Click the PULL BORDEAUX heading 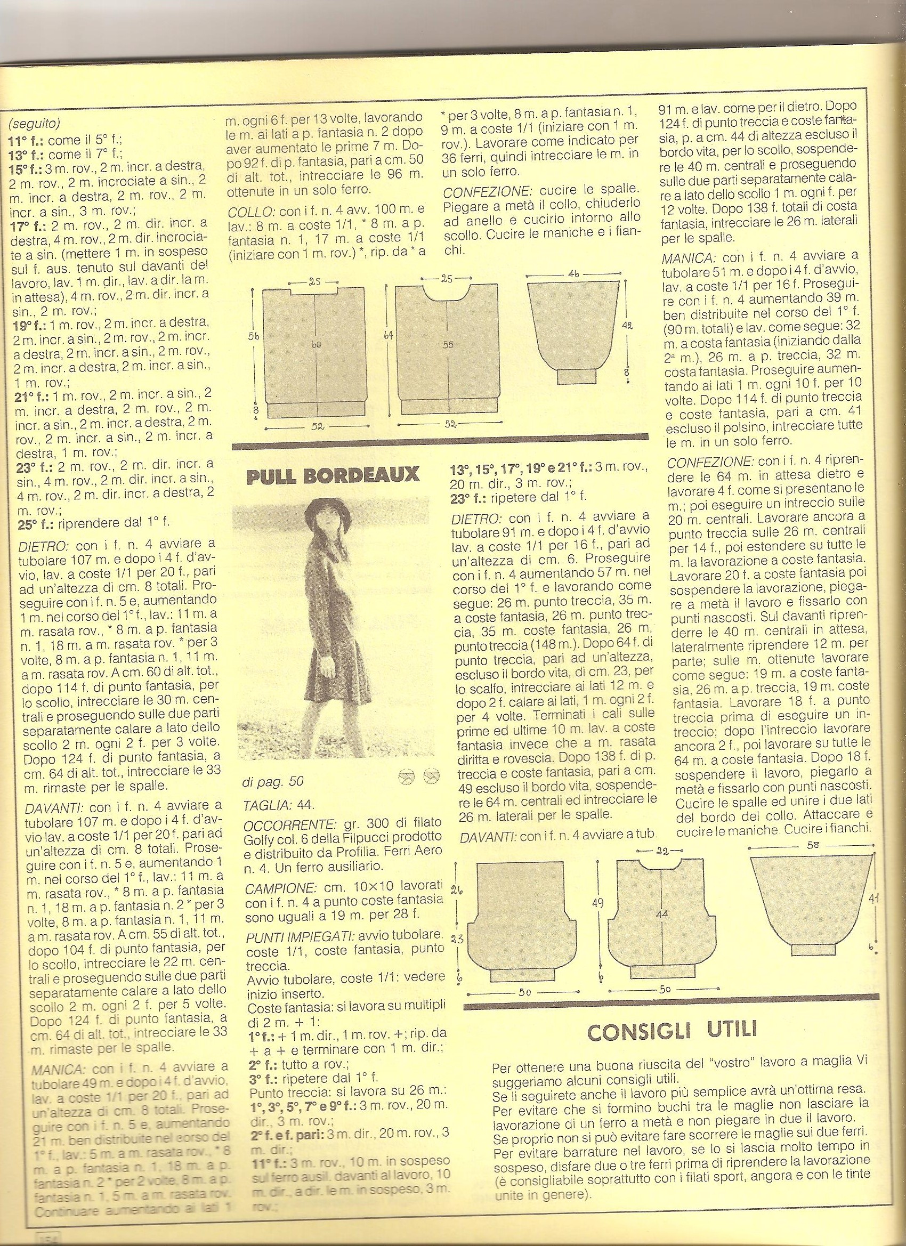point(334,475)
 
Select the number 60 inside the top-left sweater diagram point(318,344)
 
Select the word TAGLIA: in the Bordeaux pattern point(263,805)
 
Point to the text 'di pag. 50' point(272,781)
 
